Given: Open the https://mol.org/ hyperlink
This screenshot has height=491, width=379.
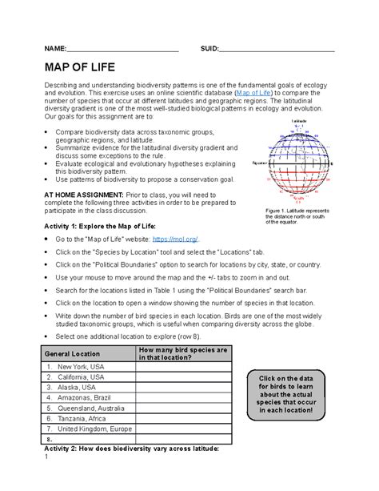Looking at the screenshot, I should click(180, 239).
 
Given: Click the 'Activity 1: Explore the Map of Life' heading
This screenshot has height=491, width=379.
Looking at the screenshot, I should click(107, 227).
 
